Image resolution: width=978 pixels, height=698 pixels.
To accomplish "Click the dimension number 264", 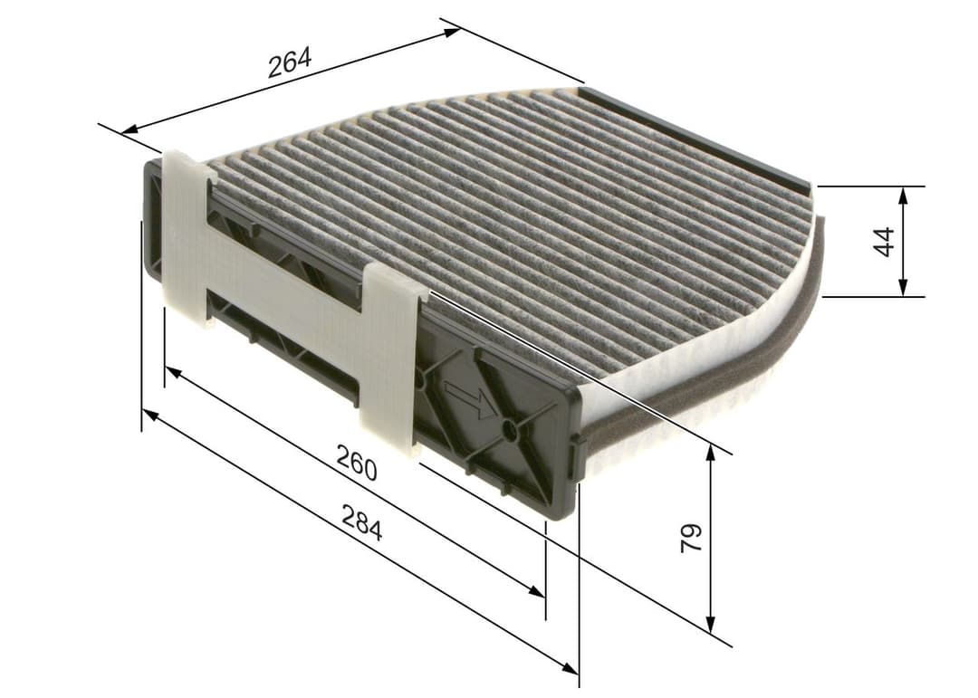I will click(289, 62).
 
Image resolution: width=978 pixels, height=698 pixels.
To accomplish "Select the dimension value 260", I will click(356, 463).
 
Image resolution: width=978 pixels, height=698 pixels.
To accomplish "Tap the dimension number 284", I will click(361, 522).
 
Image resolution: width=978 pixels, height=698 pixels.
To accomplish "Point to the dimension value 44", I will click(885, 241).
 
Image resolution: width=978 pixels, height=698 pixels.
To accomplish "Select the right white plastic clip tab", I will click(390, 358).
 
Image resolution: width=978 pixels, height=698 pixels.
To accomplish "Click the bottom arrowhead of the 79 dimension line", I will click(711, 625).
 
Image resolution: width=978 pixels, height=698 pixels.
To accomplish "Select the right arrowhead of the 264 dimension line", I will click(452, 33).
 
